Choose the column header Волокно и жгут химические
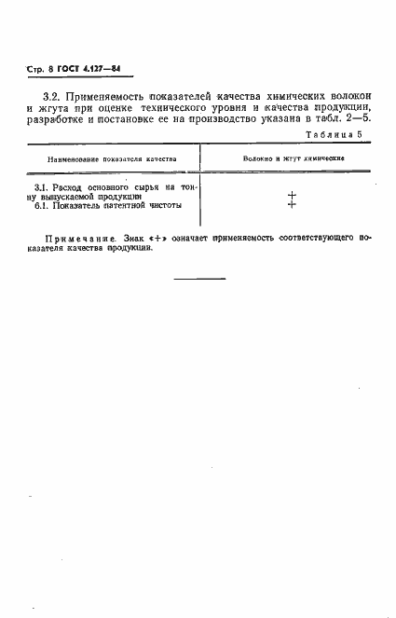(x=293, y=159)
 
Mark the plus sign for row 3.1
(x=292, y=195)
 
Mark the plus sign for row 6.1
(x=292, y=204)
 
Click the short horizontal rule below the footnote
(x=198, y=278)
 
